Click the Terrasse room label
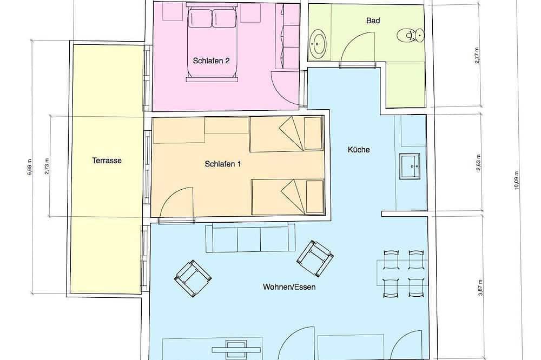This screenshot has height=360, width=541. click(107, 161)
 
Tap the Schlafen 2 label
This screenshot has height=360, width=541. click(211, 61)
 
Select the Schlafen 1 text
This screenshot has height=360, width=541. click(222, 164)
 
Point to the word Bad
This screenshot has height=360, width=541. click(373, 21)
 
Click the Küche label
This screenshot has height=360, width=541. click(359, 150)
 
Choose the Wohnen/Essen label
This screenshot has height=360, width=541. click(289, 287)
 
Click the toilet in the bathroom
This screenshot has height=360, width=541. click(410, 35)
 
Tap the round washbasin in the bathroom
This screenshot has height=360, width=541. click(318, 43)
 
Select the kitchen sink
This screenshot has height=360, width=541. click(410, 166)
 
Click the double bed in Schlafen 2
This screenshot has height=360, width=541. click(212, 43)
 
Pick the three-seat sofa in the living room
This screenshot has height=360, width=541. click(250, 238)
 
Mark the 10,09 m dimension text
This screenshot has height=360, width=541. click(516, 181)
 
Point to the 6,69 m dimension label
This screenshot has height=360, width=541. click(29, 167)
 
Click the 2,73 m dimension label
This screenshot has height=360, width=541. click(47, 166)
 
